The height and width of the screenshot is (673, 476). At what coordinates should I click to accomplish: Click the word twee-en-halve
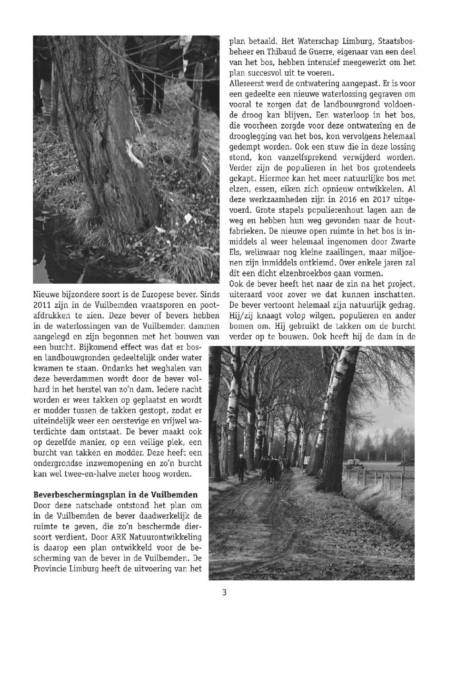point(88,475)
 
